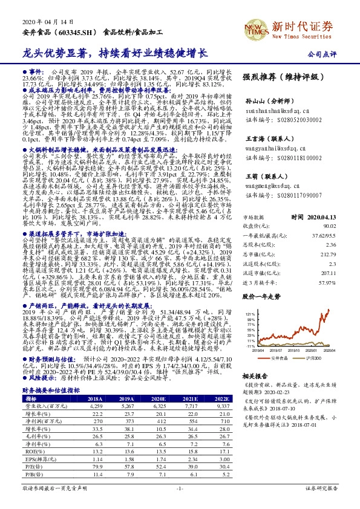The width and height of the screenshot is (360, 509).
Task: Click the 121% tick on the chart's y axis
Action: click(249, 314)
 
